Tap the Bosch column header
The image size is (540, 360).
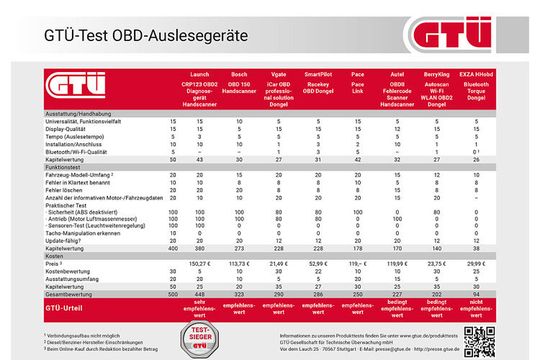239,74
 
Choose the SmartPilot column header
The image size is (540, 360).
319,74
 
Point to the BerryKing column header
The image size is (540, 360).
434,74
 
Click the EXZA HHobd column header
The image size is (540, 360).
475,74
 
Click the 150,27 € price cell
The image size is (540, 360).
201,263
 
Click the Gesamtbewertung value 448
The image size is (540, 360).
201,294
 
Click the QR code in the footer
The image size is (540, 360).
477,338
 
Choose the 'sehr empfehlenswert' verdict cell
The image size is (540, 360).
201,310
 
